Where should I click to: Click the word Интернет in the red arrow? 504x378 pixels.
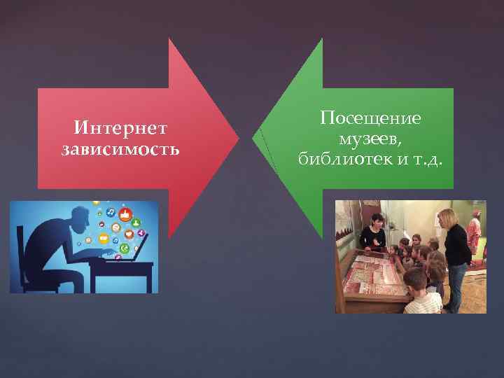coord(120,128)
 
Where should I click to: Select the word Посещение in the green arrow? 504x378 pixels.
coord(370,118)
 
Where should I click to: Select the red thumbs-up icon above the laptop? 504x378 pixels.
coord(127,214)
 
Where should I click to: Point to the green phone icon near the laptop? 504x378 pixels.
coord(125,248)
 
